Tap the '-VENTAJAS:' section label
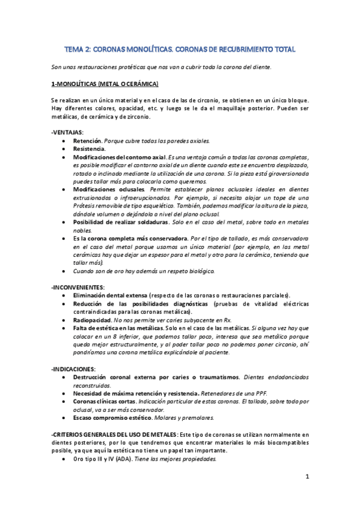68,132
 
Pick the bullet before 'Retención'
64,140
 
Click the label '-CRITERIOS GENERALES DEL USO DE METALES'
115,434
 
